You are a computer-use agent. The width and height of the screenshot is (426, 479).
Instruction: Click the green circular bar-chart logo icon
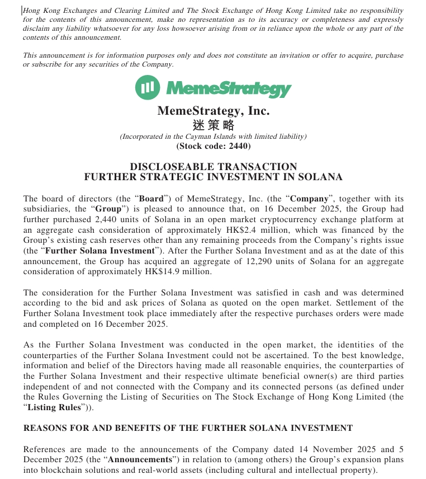tap(147, 88)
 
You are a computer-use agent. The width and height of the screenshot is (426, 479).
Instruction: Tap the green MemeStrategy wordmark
tap(229, 88)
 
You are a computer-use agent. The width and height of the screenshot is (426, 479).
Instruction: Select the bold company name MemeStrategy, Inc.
tap(213, 111)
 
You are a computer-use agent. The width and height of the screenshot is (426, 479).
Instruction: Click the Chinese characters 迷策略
tap(213, 125)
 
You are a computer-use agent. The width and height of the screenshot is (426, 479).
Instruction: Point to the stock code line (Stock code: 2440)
tap(213, 146)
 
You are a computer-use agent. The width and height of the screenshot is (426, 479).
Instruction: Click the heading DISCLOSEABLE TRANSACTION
tap(213, 167)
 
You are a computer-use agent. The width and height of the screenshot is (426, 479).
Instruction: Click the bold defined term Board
tap(151, 199)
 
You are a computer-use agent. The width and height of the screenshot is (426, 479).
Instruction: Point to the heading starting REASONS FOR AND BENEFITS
tap(188, 428)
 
